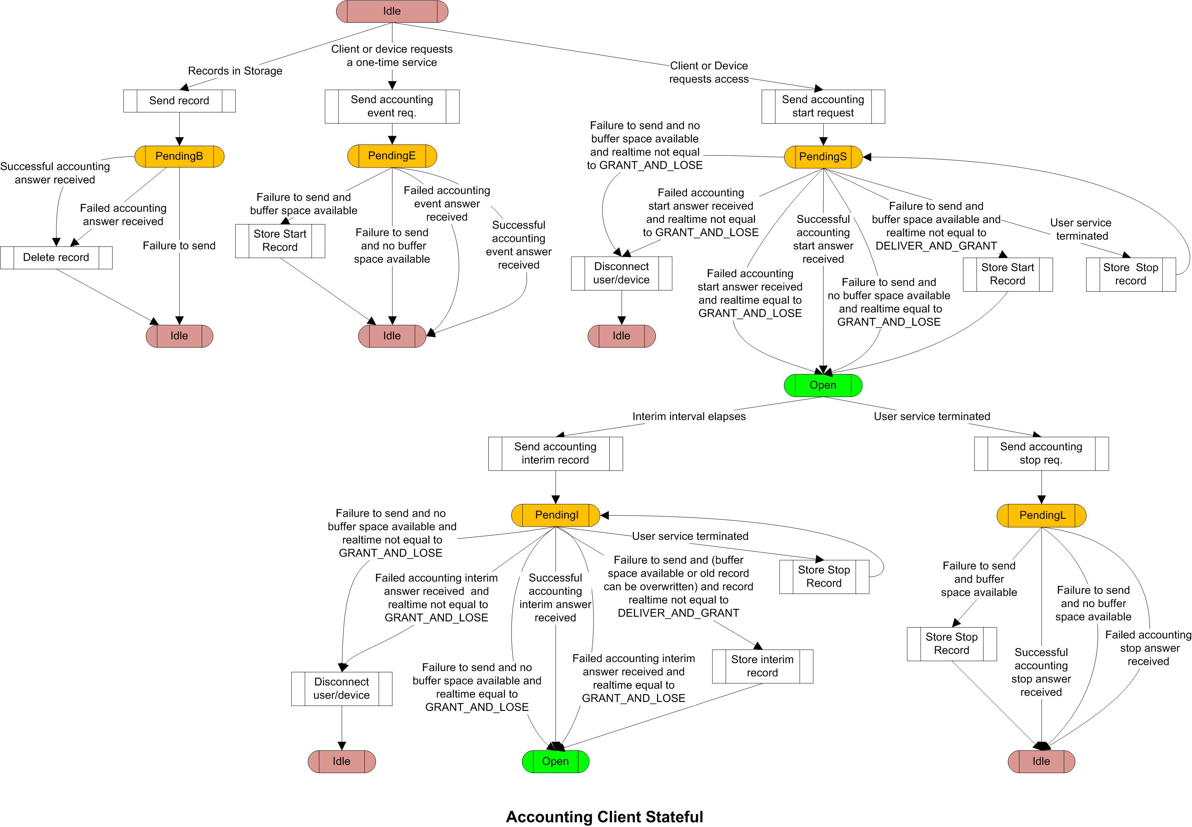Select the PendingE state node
tap(392, 156)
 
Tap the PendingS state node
tap(823, 157)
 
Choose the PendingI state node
tap(555, 515)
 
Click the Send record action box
tap(179, 101)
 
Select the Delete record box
tap(56, 257)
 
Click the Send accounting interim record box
tap(555, 454)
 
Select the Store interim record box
tap(762, 666)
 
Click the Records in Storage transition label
tap(235, 71)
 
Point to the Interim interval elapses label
tap(689, 417)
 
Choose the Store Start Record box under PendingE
tap(280, 241)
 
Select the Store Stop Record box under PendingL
tap(952, 644)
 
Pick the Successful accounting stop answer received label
tap(1041, 673)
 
